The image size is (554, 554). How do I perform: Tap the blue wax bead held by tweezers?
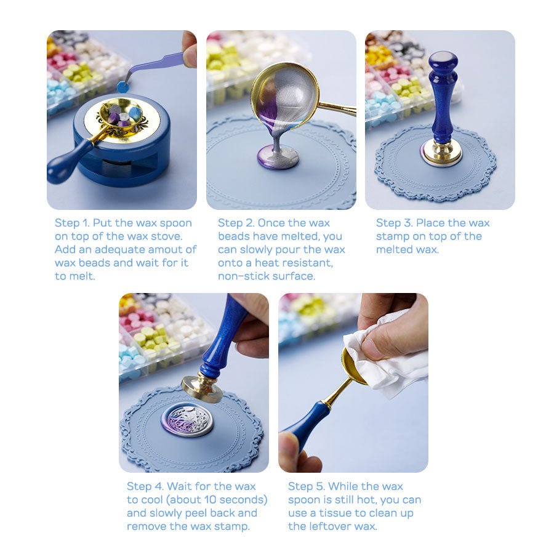(x=123, y=87)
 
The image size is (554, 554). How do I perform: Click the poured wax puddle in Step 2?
(x=278, y=158)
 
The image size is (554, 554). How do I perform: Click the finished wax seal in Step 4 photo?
(x=187, y=419)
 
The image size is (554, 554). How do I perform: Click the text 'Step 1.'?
(x=72, y=223)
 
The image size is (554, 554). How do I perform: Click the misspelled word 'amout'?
(x=179, y=249)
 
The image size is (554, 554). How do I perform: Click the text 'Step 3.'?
(x=393, y=223)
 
